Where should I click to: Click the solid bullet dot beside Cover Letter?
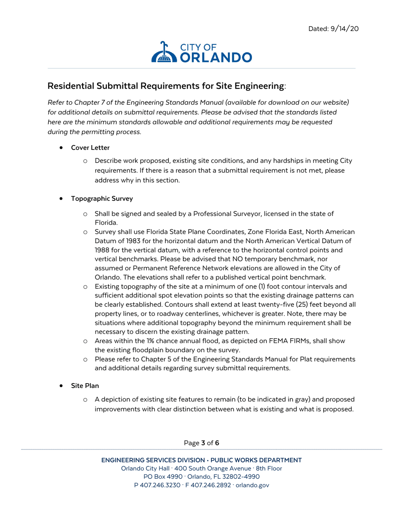pyautogui.click(x=62, y=148)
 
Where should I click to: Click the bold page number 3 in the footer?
pyautogui.click(x=203, y=443)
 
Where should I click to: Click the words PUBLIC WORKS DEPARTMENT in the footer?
pyautogui.click(x=256, y=460)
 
